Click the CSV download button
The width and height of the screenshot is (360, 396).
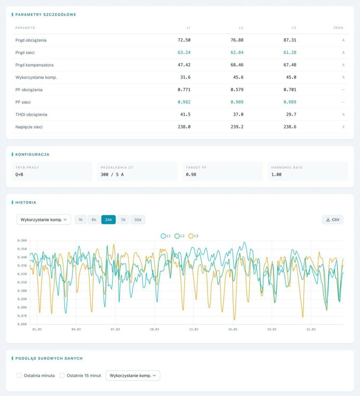(333, 220)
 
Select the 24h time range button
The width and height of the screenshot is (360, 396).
(108, 220)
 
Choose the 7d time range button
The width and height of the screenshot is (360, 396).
(123, 220)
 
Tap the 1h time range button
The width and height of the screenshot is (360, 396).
(80, 220)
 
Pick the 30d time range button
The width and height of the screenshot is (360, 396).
(138, 220)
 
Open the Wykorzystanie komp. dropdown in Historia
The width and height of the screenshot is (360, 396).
(44, 220)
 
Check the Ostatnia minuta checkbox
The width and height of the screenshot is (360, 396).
(19, 376)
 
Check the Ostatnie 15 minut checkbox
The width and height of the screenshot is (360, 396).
(62, 376)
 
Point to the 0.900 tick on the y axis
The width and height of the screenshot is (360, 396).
(22, 291)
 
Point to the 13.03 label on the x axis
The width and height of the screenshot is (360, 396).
(193, 329)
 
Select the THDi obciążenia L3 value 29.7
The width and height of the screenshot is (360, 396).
(290, 114)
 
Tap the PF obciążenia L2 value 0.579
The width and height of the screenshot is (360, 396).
(237, 90)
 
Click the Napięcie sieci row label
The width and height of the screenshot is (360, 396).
(29, 127)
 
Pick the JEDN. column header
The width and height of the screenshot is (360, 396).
(339, 28)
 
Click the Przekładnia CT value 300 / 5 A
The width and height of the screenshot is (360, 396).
(112, 174)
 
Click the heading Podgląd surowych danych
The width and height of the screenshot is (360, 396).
(49, 358)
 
